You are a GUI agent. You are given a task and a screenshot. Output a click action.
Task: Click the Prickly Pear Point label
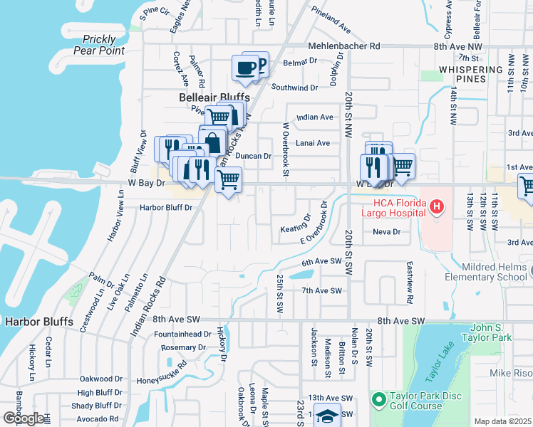(x=103, y=45)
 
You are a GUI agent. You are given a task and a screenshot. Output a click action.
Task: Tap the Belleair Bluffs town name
(x=214, y=97)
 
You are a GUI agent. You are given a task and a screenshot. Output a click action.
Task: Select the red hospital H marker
(x=438, y=207)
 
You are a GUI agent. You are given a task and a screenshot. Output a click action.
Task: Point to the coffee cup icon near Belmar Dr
(x=246, y=69)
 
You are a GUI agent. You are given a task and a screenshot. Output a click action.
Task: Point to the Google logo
(x=23, y=418)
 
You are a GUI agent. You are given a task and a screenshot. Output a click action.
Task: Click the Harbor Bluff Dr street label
(x=167, y=208)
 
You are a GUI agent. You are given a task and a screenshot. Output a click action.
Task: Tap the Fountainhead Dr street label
(x=182, y=334)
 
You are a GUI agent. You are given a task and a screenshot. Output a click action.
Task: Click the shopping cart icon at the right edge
(x=527, y=186)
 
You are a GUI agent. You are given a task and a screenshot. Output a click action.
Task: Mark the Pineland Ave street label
(x=332, y=21)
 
